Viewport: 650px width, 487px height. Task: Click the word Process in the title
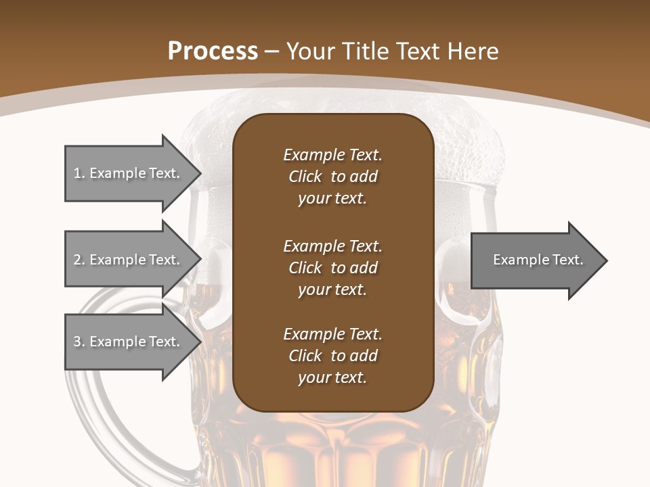[213, 51]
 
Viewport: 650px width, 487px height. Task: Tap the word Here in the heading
[473, 51]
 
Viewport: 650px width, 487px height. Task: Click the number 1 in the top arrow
[77, 173]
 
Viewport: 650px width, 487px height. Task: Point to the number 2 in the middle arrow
[77, 260]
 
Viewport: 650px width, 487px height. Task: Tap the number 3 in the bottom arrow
[77, 342]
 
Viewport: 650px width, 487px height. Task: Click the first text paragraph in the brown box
[332, 177]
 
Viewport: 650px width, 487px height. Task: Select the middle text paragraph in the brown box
[332, 268]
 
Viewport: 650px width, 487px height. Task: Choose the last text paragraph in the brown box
[332, 356]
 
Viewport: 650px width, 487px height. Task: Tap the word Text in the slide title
[418, 51]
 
